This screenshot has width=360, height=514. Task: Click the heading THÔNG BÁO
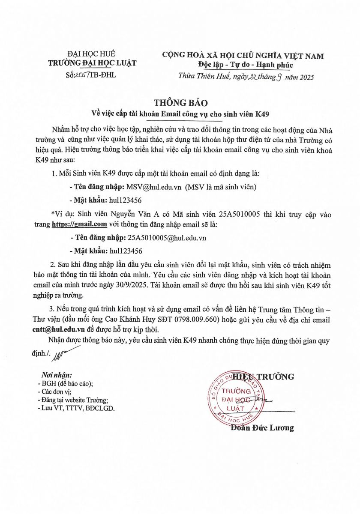[180, 103]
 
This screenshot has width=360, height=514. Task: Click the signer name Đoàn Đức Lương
[262, 428]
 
